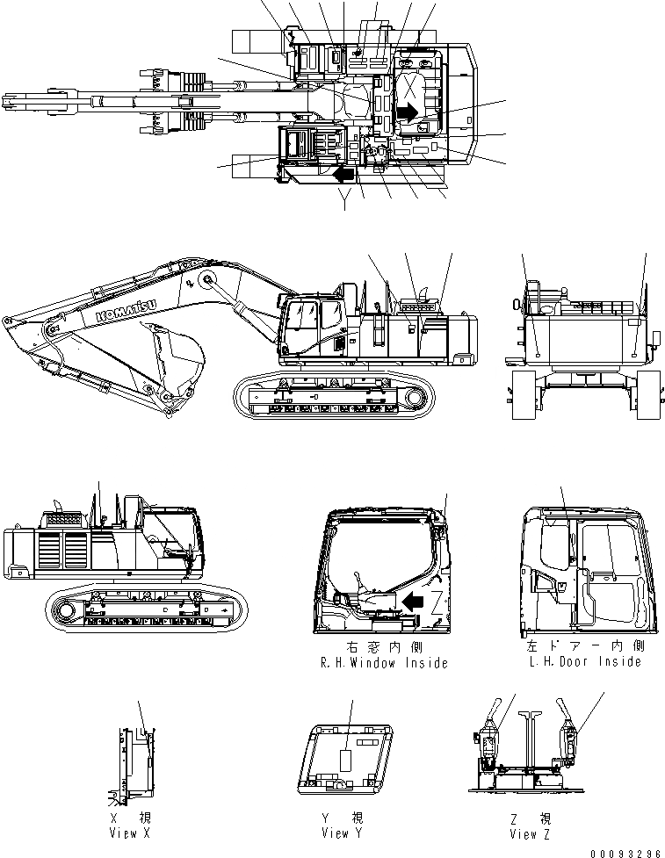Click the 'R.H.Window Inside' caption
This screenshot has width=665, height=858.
(384, 663)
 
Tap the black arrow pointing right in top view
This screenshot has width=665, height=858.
(407, 112)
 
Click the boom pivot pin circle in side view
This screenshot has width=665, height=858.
(208, 280)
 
